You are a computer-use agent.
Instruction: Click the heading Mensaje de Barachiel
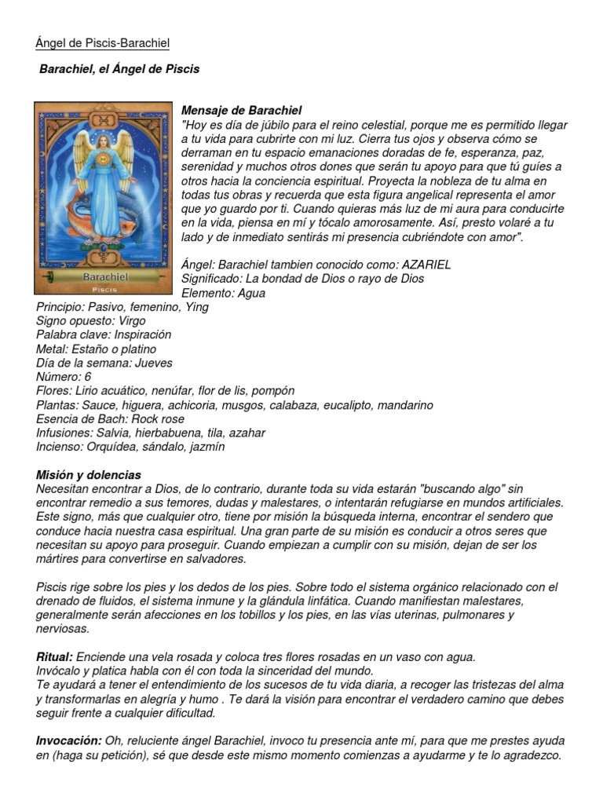coord(241,111)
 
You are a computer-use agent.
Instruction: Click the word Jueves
coord(155,363)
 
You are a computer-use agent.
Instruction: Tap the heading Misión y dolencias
coord(89,475)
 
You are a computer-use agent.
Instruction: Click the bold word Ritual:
coord(55,656)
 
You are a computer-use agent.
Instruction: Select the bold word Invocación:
coord(69,741)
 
